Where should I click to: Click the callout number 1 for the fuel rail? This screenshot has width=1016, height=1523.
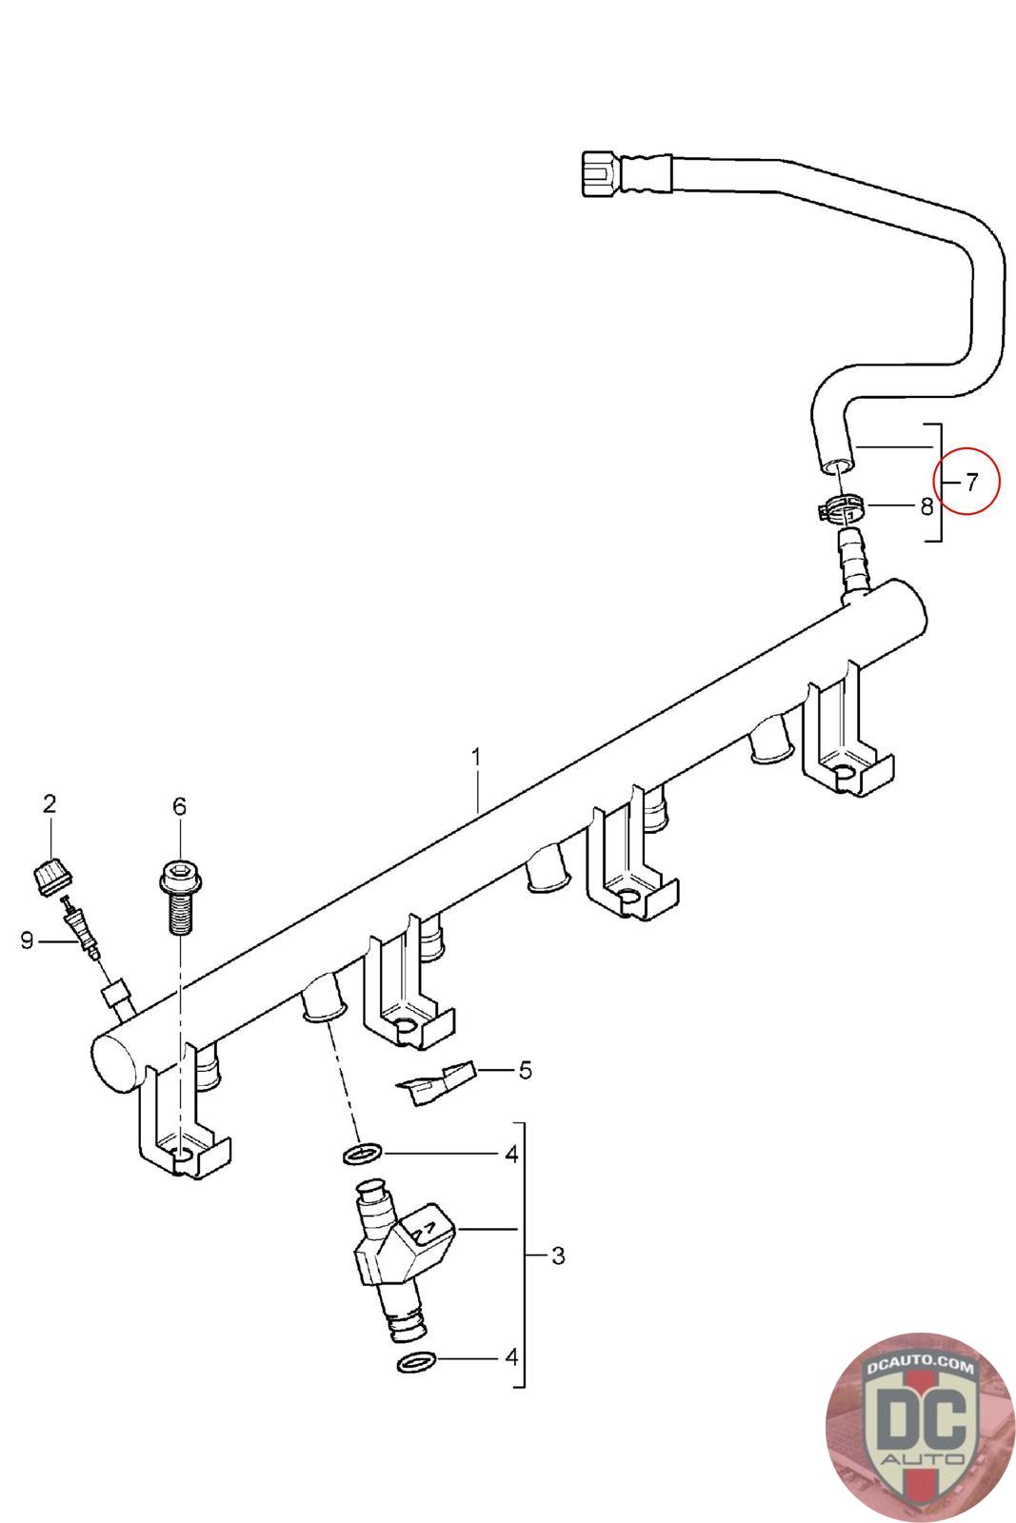[x=476, y=759]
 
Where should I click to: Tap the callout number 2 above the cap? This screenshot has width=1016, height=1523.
[x=50, y=802]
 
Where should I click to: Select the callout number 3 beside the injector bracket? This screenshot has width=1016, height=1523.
[x=558, y=1256]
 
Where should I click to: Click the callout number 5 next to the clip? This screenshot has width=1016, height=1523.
[x=525, y=1070]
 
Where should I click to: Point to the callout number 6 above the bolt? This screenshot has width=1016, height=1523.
[x=179, y=806]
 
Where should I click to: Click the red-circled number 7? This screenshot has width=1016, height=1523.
[x=971, y=482]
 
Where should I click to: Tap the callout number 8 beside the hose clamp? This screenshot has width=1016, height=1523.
[x=926, y=506]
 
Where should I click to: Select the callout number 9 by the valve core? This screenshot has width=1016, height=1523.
[x=28, y=940]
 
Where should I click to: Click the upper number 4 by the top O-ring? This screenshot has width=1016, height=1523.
[x=511, y=1155]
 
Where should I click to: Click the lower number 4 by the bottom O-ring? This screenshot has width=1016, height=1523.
[x=511, y=1355]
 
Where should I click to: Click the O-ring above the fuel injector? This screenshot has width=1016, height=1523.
[x=363, y=1156]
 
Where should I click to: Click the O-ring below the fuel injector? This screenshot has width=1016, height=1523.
[x=416, y=1362]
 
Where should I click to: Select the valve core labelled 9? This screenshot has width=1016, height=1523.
[x=77, y=928]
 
